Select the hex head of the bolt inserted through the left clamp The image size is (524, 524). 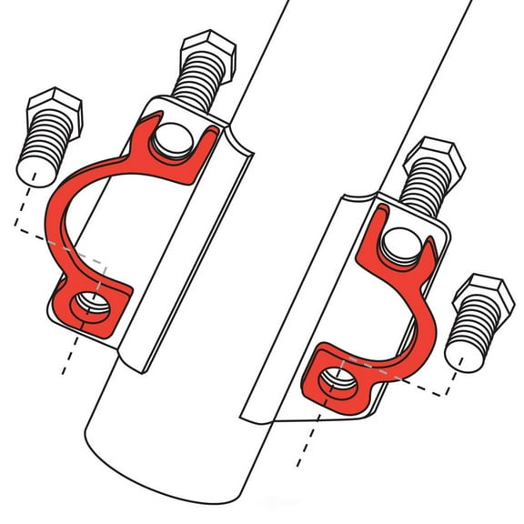tap(208, 52)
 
